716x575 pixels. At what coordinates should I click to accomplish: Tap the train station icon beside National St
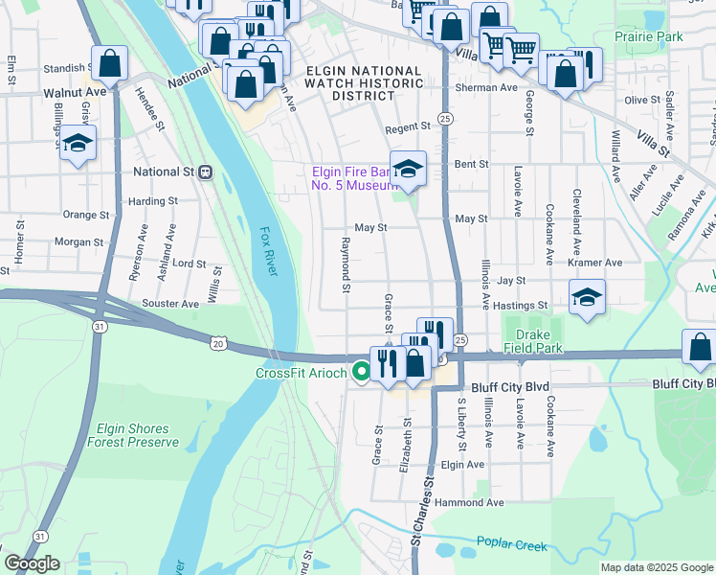[204, 172]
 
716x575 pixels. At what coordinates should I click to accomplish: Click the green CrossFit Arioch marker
[361, 373]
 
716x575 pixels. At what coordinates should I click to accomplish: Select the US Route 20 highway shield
[218, 342]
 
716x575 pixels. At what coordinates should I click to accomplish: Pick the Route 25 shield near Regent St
[446, 117]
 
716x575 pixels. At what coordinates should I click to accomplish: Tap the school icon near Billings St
[78, 146]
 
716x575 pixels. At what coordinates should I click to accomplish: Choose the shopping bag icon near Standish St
[110, 65]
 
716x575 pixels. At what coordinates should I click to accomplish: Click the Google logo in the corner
[31, 563]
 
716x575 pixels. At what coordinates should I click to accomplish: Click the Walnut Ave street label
[75, 92]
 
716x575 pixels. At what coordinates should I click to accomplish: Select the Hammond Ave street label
[468, 502]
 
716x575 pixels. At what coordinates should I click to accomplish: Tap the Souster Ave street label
[169, 303]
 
